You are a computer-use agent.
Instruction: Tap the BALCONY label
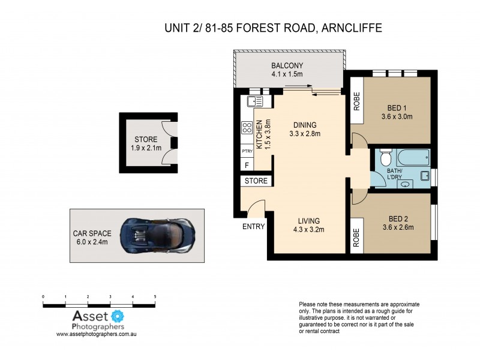[x=287, y=70]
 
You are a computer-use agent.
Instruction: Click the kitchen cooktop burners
[x=246, y=127]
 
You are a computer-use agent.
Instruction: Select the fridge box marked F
[x=246, y=165]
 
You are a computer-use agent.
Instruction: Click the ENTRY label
[x=253, y=226]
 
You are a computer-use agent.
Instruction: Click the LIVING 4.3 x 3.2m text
[x=307, y=224]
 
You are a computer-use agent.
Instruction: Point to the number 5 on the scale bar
[x=155, y=296]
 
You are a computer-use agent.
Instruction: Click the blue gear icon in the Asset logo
[x=118, y=316]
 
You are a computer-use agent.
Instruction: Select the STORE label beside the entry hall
[x=255, y=180]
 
